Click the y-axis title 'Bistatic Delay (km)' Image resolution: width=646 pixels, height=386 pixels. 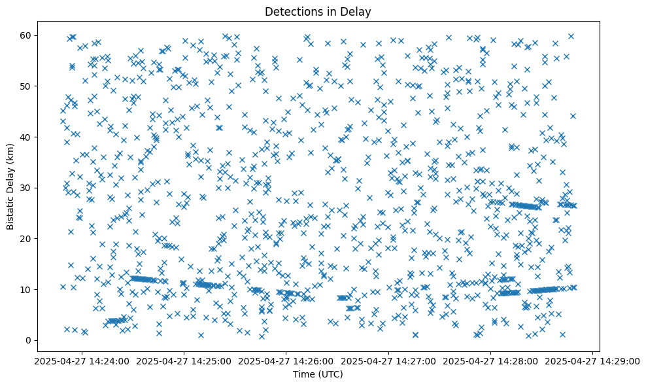pyautogui.click(x=10, y=186)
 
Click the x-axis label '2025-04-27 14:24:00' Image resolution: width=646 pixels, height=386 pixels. pyautogui.click(x=82, y=361)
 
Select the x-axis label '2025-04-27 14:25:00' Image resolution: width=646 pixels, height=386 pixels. pyautogui.click(x=184, y=361)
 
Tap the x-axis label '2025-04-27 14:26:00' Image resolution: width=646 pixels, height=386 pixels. pyautogui.click(x=286, y=361)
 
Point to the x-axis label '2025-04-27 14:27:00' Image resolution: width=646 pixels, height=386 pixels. pyautogui.click(x=388, y=361)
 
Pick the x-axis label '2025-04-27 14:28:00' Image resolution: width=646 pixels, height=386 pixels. pyautogui.click(x=490, y=361)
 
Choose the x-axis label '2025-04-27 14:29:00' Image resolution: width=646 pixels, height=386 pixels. pyautogui.click(x=592, y=361)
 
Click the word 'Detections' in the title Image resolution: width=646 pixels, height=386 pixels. pyautogui.click(x=290, y=11)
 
